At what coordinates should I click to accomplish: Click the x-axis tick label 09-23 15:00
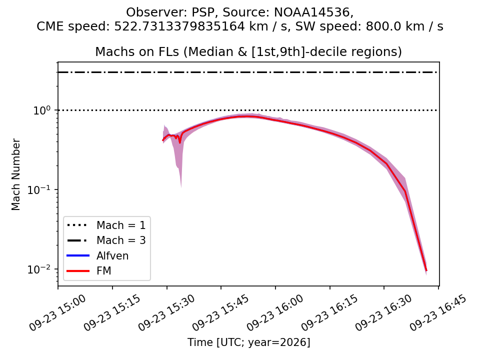tap(57, 312)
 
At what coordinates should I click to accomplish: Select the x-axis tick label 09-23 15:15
tap(112, 312)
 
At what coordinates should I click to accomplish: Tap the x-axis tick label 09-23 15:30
tap(166, 312)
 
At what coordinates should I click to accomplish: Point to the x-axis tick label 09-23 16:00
tap(275, 312)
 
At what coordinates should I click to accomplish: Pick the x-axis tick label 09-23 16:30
tap(384, 312)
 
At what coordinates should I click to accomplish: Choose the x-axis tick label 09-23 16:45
tap(438, 312)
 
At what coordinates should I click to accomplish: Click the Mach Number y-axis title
tap(15, 174)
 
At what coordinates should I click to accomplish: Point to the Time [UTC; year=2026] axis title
tap(249, 342)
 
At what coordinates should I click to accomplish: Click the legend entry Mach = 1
tap(106, 225)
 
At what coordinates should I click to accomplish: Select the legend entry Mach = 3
tap(106, 240)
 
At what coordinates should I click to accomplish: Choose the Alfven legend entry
tap(97, 255)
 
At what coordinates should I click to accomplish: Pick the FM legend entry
tap(89, 271)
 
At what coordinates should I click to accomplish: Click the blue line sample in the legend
tap(78, 255)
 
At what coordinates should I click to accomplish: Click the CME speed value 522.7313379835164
tap(179, 26)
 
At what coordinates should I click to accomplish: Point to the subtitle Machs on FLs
tap(137, 51)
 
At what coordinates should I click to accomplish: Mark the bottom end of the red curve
tap(426, 270)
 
